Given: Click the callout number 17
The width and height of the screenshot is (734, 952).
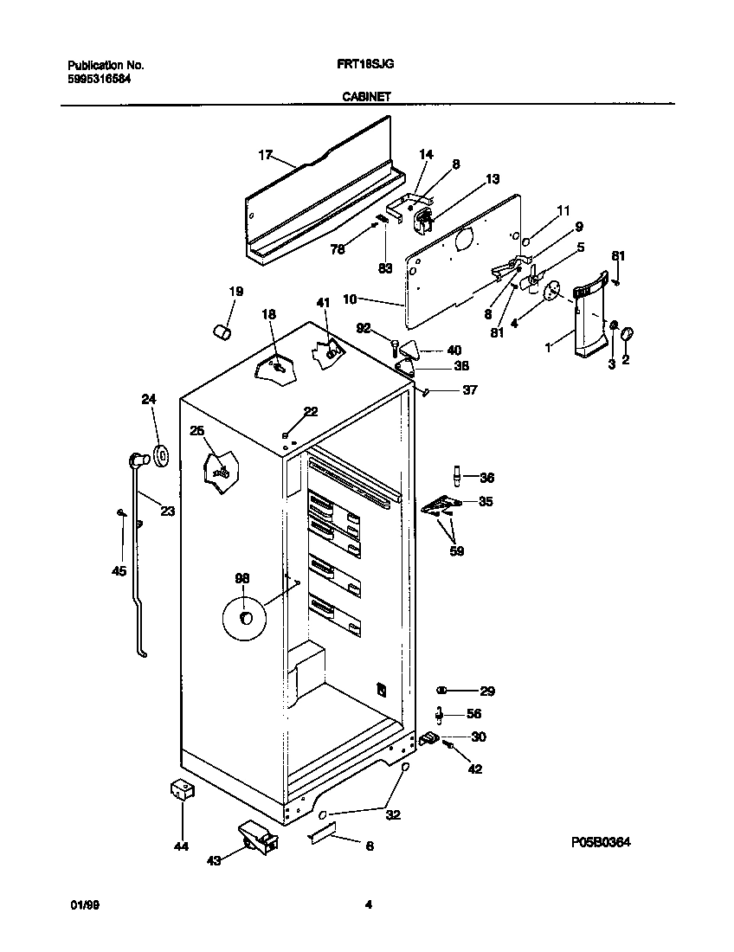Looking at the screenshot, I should [x=265, y=156].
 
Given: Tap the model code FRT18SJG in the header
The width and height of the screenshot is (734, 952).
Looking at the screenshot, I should [x=360, y=65].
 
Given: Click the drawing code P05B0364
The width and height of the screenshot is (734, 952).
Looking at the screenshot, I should [x=600, y=841].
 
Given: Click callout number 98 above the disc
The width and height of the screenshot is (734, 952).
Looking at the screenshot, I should [x=242, y=578].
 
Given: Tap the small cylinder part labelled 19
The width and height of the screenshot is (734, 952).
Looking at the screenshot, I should [x=223, y=331].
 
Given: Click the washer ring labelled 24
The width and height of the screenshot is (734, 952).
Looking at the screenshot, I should [x=161, y=453].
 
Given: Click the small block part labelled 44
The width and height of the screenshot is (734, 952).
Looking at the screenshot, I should [x=180, y=790].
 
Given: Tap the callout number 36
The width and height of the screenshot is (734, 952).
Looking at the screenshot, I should [x=486, y=477].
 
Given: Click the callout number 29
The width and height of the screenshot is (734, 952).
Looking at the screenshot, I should [x=486, y=691].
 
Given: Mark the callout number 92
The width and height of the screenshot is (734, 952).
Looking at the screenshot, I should [x=363, y=328].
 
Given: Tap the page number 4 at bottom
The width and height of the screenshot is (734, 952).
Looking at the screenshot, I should [x=368, y=905].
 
